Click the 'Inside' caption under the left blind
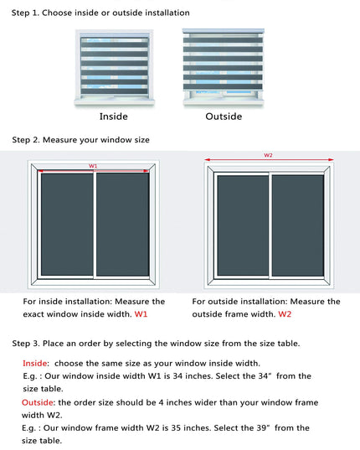[114, 116]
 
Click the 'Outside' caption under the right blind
[224, 116]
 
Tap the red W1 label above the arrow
[93, 166]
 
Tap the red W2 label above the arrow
[268, 155]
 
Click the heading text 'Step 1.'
[25, 13]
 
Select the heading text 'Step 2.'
[26, 140]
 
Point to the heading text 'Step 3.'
[26, 344]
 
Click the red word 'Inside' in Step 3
[35, 364]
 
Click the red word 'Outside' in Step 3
[38, 402]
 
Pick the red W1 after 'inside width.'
[141, 314]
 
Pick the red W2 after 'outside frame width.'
[285, 314]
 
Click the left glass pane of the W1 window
[67, 225]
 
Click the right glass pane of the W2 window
[298, 225]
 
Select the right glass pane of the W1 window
[123, 225]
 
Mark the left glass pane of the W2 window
[243, 225]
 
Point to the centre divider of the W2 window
[270, 225]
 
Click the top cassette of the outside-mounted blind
[224, 31]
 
